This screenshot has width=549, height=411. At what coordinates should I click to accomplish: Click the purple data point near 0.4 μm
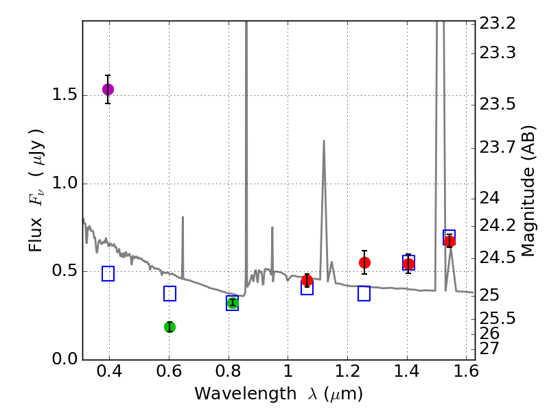(108, 89)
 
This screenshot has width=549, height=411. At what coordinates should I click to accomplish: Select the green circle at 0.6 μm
(170, 327)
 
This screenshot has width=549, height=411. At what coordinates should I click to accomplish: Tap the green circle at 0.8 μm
(233, 303)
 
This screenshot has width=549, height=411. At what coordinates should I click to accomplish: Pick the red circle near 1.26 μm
(364, 262)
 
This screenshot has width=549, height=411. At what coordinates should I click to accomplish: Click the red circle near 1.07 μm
(307, 280)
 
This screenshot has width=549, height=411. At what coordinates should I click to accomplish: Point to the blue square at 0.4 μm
(108, 273)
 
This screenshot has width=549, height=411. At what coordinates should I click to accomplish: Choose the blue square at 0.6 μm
(170, 293)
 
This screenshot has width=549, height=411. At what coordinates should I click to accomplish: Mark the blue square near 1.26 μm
(364, 293)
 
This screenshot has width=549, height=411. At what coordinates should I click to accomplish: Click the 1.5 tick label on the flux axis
(64, 95)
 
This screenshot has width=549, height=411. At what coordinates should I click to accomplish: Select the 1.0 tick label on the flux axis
(64, 184)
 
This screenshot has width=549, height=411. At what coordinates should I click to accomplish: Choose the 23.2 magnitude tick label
(498, 23)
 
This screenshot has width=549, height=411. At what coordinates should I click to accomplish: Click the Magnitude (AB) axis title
(528, 190)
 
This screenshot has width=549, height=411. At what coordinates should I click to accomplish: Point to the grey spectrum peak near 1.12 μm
(323, 142)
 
